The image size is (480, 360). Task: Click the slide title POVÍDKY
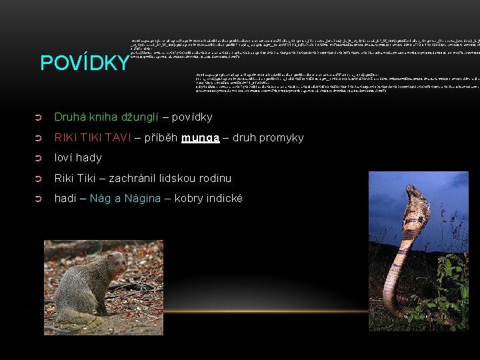click(85, 63)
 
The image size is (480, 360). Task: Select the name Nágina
click(145, 199)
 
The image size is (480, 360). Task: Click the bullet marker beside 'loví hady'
click(38, 158)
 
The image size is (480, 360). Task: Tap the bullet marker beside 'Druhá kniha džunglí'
click(38, 117)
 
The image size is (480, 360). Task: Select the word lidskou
click(179, 178)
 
